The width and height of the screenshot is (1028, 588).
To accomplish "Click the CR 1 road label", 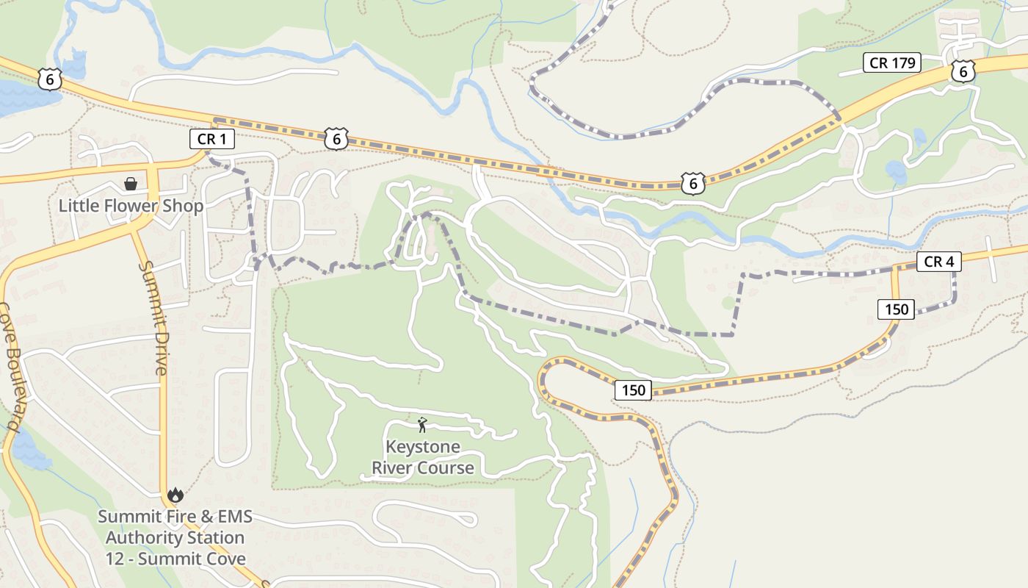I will pyautogui.click(x=212, y=139).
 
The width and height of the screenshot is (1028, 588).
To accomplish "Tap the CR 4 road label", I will pyautogui.click(x=938, y=262).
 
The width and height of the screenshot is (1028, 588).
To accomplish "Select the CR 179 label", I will pyautogui.click(x=892, y=63).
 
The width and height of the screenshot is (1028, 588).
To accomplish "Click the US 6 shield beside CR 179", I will pyautogui.click(x=963, y=71).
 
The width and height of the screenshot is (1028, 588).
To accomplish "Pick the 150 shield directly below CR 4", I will pyautogui.click(x=897, y=309).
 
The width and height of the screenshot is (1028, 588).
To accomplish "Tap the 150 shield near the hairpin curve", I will pyautogui.click(x=633, y=390).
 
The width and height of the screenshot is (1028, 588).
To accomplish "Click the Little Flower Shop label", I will pyautogui.click(x=131, y=206).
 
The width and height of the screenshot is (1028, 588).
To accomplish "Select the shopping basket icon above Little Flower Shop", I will pyautogui.click(x=131, y=184).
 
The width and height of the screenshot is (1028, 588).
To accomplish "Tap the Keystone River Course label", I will pyautogui.click(x=423, y=457).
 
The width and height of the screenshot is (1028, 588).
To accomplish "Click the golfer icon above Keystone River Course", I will pyautogui.click(x=422, y=425).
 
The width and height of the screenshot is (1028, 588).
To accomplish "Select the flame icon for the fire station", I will pyautogui.click(x=175, y=495).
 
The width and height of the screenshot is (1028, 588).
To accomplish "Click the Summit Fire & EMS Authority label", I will pyautogui.click(x=175, y=517).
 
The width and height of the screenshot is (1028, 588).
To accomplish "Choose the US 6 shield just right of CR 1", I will pyautogui.click(x=336, y=137).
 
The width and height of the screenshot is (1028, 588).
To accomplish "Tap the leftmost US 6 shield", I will pyautogui.click(x=48, y=79).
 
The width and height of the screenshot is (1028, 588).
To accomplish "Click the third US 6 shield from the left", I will pyautogui.click(x=692, y=183).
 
